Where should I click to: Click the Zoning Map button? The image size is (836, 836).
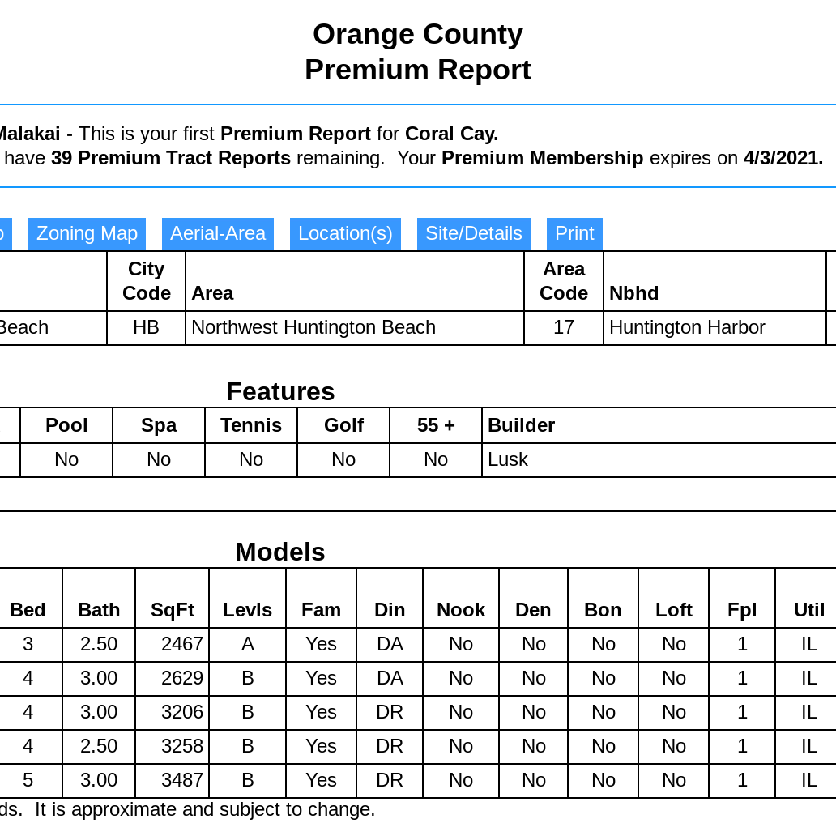click(87, 234)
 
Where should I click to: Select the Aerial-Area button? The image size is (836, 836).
click(217, 234)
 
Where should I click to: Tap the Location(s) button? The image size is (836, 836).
click(345, 234)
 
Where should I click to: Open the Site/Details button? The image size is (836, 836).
click(473, 234)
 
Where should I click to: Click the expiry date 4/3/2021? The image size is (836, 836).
click(783, 158)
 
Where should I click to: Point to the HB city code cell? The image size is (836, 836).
click(146, 327)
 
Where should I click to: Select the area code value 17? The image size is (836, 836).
click(564, 327)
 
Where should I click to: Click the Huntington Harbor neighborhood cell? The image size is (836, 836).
click(687, 327)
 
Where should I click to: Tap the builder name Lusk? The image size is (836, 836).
click(508, 459)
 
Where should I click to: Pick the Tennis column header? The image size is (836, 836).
click(251, 425)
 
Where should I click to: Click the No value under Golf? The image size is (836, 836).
click(343, 459)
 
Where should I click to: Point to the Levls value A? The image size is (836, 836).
click(247, 644)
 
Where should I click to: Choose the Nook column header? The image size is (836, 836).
click(460, 610)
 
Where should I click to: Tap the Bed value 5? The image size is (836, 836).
click(28, 780)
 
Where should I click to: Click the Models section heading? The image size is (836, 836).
click(279, 552)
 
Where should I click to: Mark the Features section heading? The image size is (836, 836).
click(279, 391)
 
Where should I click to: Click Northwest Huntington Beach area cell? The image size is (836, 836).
click(313, 327)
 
